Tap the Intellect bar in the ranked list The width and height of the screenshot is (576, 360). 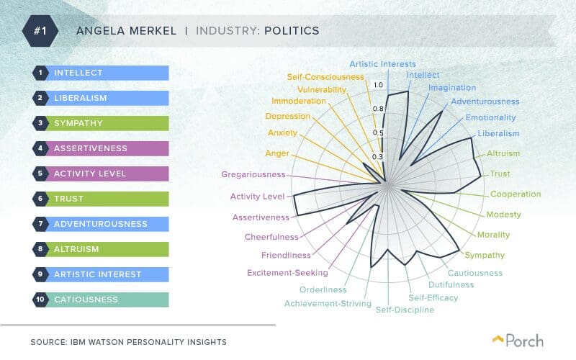[x=101, y=73]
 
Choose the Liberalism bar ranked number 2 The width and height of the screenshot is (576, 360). [x=101, y=98]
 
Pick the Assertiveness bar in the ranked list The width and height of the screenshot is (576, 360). [x=101, y=148]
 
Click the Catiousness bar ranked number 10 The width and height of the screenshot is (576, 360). [x=101, y=299]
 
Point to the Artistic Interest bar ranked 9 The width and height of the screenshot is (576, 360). [x=101, y=274]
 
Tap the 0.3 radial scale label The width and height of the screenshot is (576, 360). [x=377, y=156]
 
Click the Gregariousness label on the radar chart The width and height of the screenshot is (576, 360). [x=253, y=174]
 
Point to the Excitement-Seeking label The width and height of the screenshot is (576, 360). [x=287, y=273]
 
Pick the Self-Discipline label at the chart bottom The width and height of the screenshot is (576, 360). [x=405, y=310]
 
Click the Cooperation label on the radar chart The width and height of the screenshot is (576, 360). [x=515, y=194]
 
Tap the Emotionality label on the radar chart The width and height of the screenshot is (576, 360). [x=490, y=117]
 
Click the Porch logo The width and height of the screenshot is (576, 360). [x=518, y=341]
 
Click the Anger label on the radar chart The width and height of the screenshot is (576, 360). [x=277, y=153]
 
